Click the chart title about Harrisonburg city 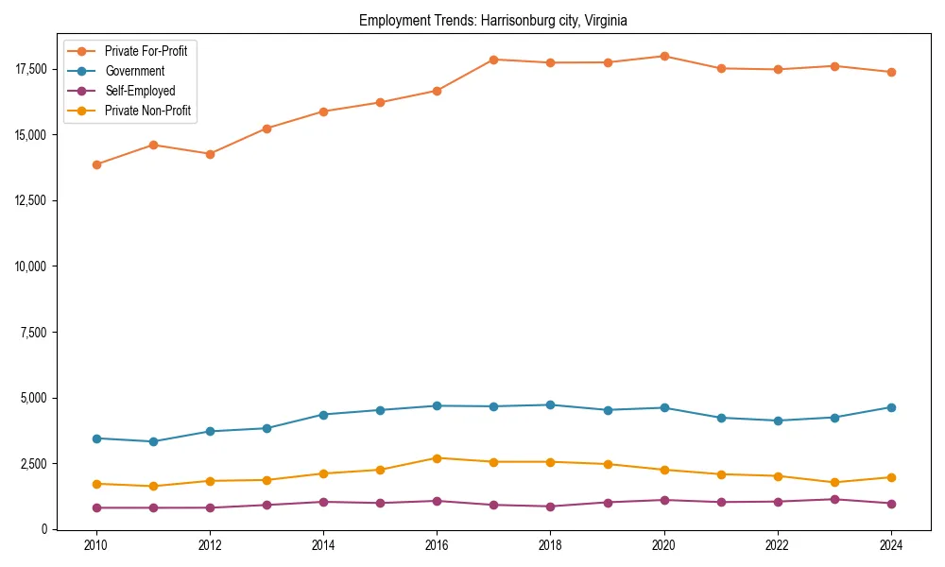(493, 20)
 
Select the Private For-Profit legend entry (146, 51)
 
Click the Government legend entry (134, 71)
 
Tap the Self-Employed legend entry (140, 91)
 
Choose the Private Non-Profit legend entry (147, 111)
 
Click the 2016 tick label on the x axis (437, 545)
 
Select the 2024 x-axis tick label (891, 545)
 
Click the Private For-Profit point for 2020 (664, 57)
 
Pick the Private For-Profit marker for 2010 (96, 164)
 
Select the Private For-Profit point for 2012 (210, 154)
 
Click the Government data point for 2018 (551, 405)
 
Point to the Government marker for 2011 (153, 441)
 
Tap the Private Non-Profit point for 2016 (437, 458)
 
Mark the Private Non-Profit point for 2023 (834, 483)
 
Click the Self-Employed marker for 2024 (891, 504)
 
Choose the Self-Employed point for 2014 (323, 502)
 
